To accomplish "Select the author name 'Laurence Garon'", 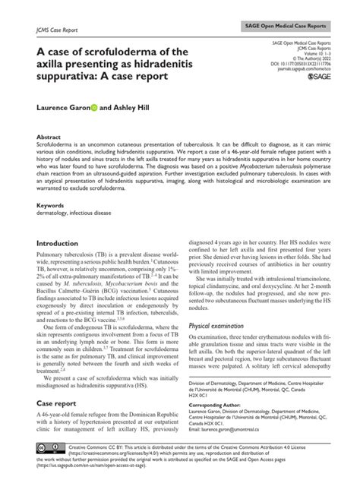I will point(62,109).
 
